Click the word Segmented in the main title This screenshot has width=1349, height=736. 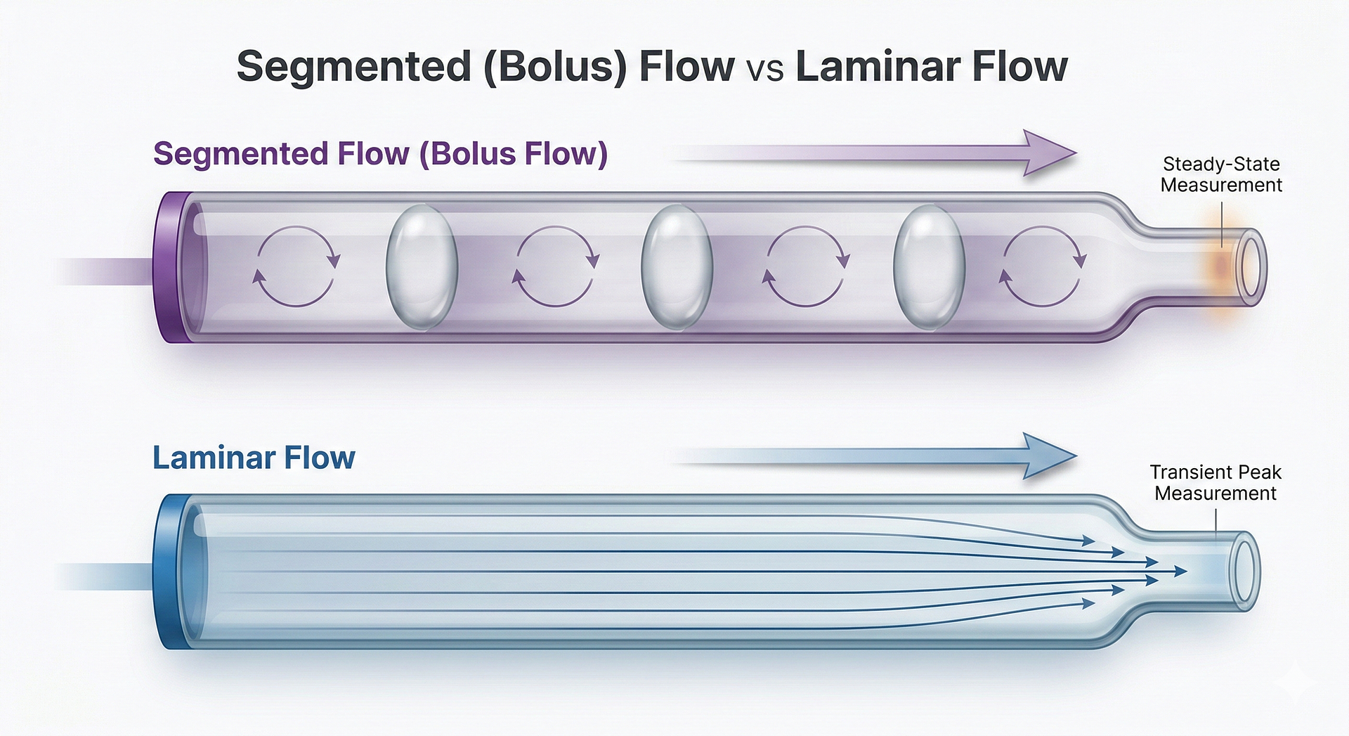(353, 67)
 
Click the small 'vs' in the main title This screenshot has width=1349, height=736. (764, 70)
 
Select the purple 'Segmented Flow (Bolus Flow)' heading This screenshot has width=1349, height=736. (380, 154)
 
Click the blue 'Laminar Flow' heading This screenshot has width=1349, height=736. (254, 458)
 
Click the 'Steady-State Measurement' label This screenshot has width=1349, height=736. (1221, 174)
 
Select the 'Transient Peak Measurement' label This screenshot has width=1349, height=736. (1216, 482)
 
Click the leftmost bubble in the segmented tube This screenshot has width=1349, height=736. (422, 267)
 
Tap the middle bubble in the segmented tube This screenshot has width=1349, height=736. (677, 267)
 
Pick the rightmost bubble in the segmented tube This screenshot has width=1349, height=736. (929, 267)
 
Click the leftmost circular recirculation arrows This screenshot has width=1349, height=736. (296, 267)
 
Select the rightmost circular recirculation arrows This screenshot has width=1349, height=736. (1043, 267)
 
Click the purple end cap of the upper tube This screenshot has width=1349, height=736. (171, 267)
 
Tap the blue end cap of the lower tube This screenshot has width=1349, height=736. (169, 571)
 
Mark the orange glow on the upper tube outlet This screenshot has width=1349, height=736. (1222, 268)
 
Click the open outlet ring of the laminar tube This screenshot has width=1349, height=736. (1244, 571)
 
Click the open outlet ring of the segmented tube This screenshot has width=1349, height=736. (1251, 267)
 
